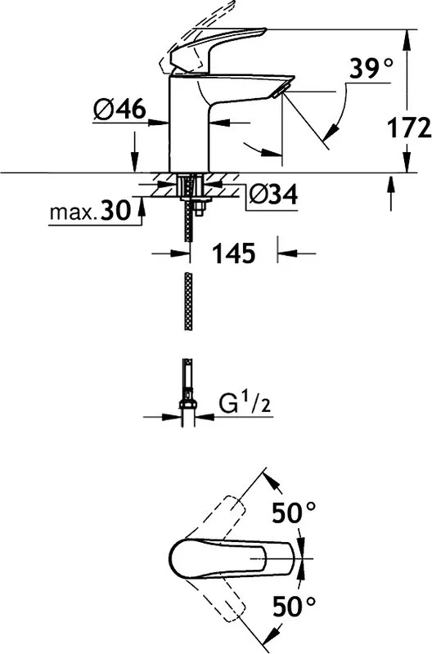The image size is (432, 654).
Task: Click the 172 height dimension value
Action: click(409, 128)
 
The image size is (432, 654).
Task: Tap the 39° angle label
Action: click(371, 69)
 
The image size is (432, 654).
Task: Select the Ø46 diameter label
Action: click(120, 110)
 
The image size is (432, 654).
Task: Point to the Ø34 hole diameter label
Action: click(273, 194)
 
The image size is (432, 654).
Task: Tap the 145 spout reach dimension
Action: click(234, 253)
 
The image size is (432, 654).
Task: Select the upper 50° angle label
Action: click(294, 513)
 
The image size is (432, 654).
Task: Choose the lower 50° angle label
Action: click(294, 606)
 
